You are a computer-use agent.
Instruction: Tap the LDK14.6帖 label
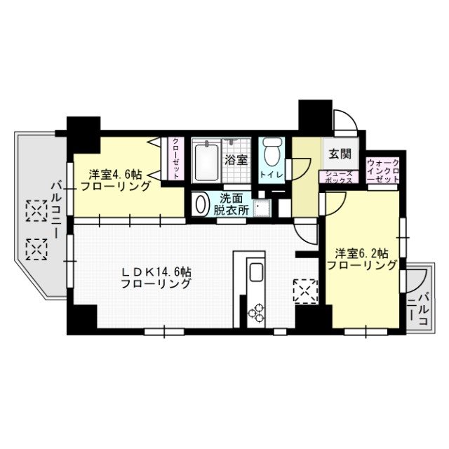(156, 277)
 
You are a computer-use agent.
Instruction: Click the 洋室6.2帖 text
(361, 259)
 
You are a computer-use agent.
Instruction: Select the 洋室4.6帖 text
(116, 180)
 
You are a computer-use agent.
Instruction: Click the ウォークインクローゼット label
(383, 171)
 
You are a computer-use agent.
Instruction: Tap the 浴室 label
(235, 160)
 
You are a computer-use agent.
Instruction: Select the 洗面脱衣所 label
(232, 203)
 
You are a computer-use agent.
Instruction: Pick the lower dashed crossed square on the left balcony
(35, 248)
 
